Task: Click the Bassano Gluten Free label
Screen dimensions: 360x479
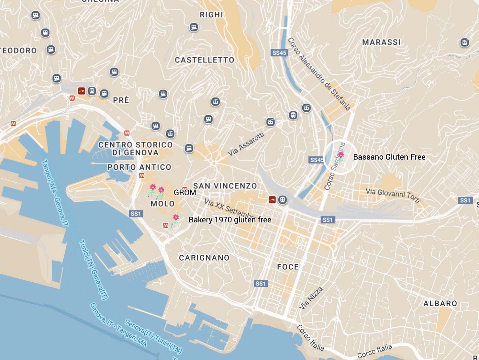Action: coord(389,157)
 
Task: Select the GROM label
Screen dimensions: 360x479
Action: coord(185,193)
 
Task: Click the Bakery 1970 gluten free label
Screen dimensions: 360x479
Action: coord(230,220)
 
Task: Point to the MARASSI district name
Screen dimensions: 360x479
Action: coord(381,42)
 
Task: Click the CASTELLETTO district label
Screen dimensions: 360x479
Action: coord(204,60)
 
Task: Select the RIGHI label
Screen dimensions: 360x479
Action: coord(211,15)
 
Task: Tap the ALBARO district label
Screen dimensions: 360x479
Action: coord(440,303)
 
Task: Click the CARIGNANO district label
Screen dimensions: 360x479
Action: coord(204,258)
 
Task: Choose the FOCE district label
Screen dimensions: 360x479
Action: coord(288,267)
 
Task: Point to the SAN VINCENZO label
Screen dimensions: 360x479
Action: coord(225,186)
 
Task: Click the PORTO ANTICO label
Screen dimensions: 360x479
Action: coord(139,167)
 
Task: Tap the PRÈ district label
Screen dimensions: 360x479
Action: coord(121,100)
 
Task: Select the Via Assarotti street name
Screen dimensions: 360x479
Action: coord(246,144)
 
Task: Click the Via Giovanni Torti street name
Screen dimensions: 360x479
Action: coord(393,195)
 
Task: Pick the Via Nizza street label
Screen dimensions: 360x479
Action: coord(311,298)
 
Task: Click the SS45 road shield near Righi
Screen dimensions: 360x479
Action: coord(279,53)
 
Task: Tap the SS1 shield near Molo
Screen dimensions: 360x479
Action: coord(136,214)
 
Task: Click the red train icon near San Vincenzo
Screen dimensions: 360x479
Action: coord(272,200)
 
